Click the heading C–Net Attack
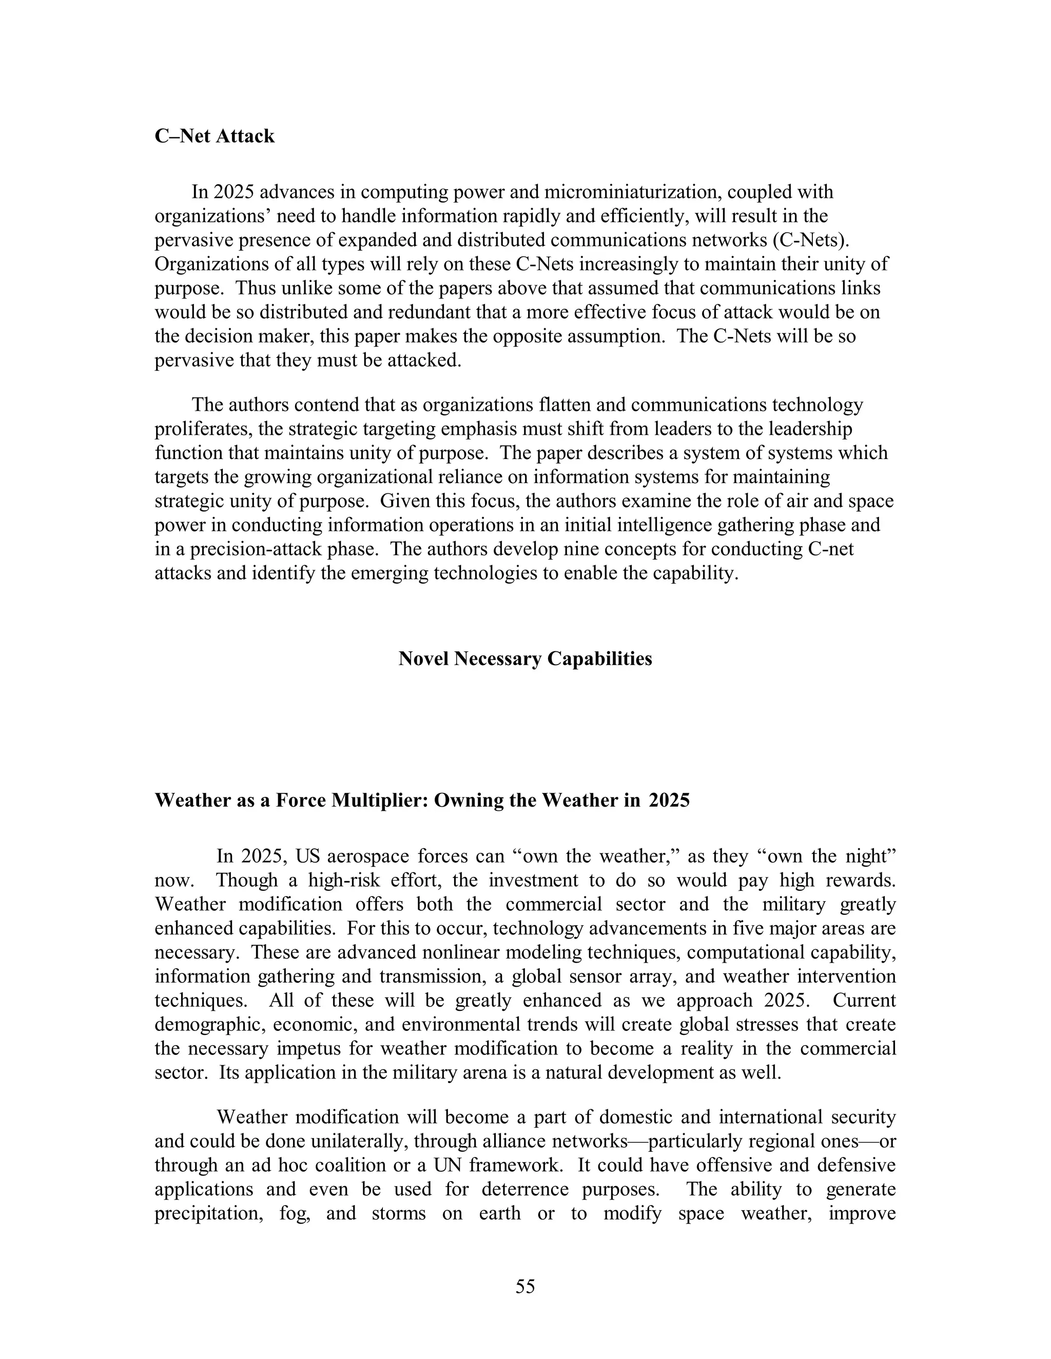click(x=214, y=136)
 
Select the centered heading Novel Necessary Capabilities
click(x=525, y=658)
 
